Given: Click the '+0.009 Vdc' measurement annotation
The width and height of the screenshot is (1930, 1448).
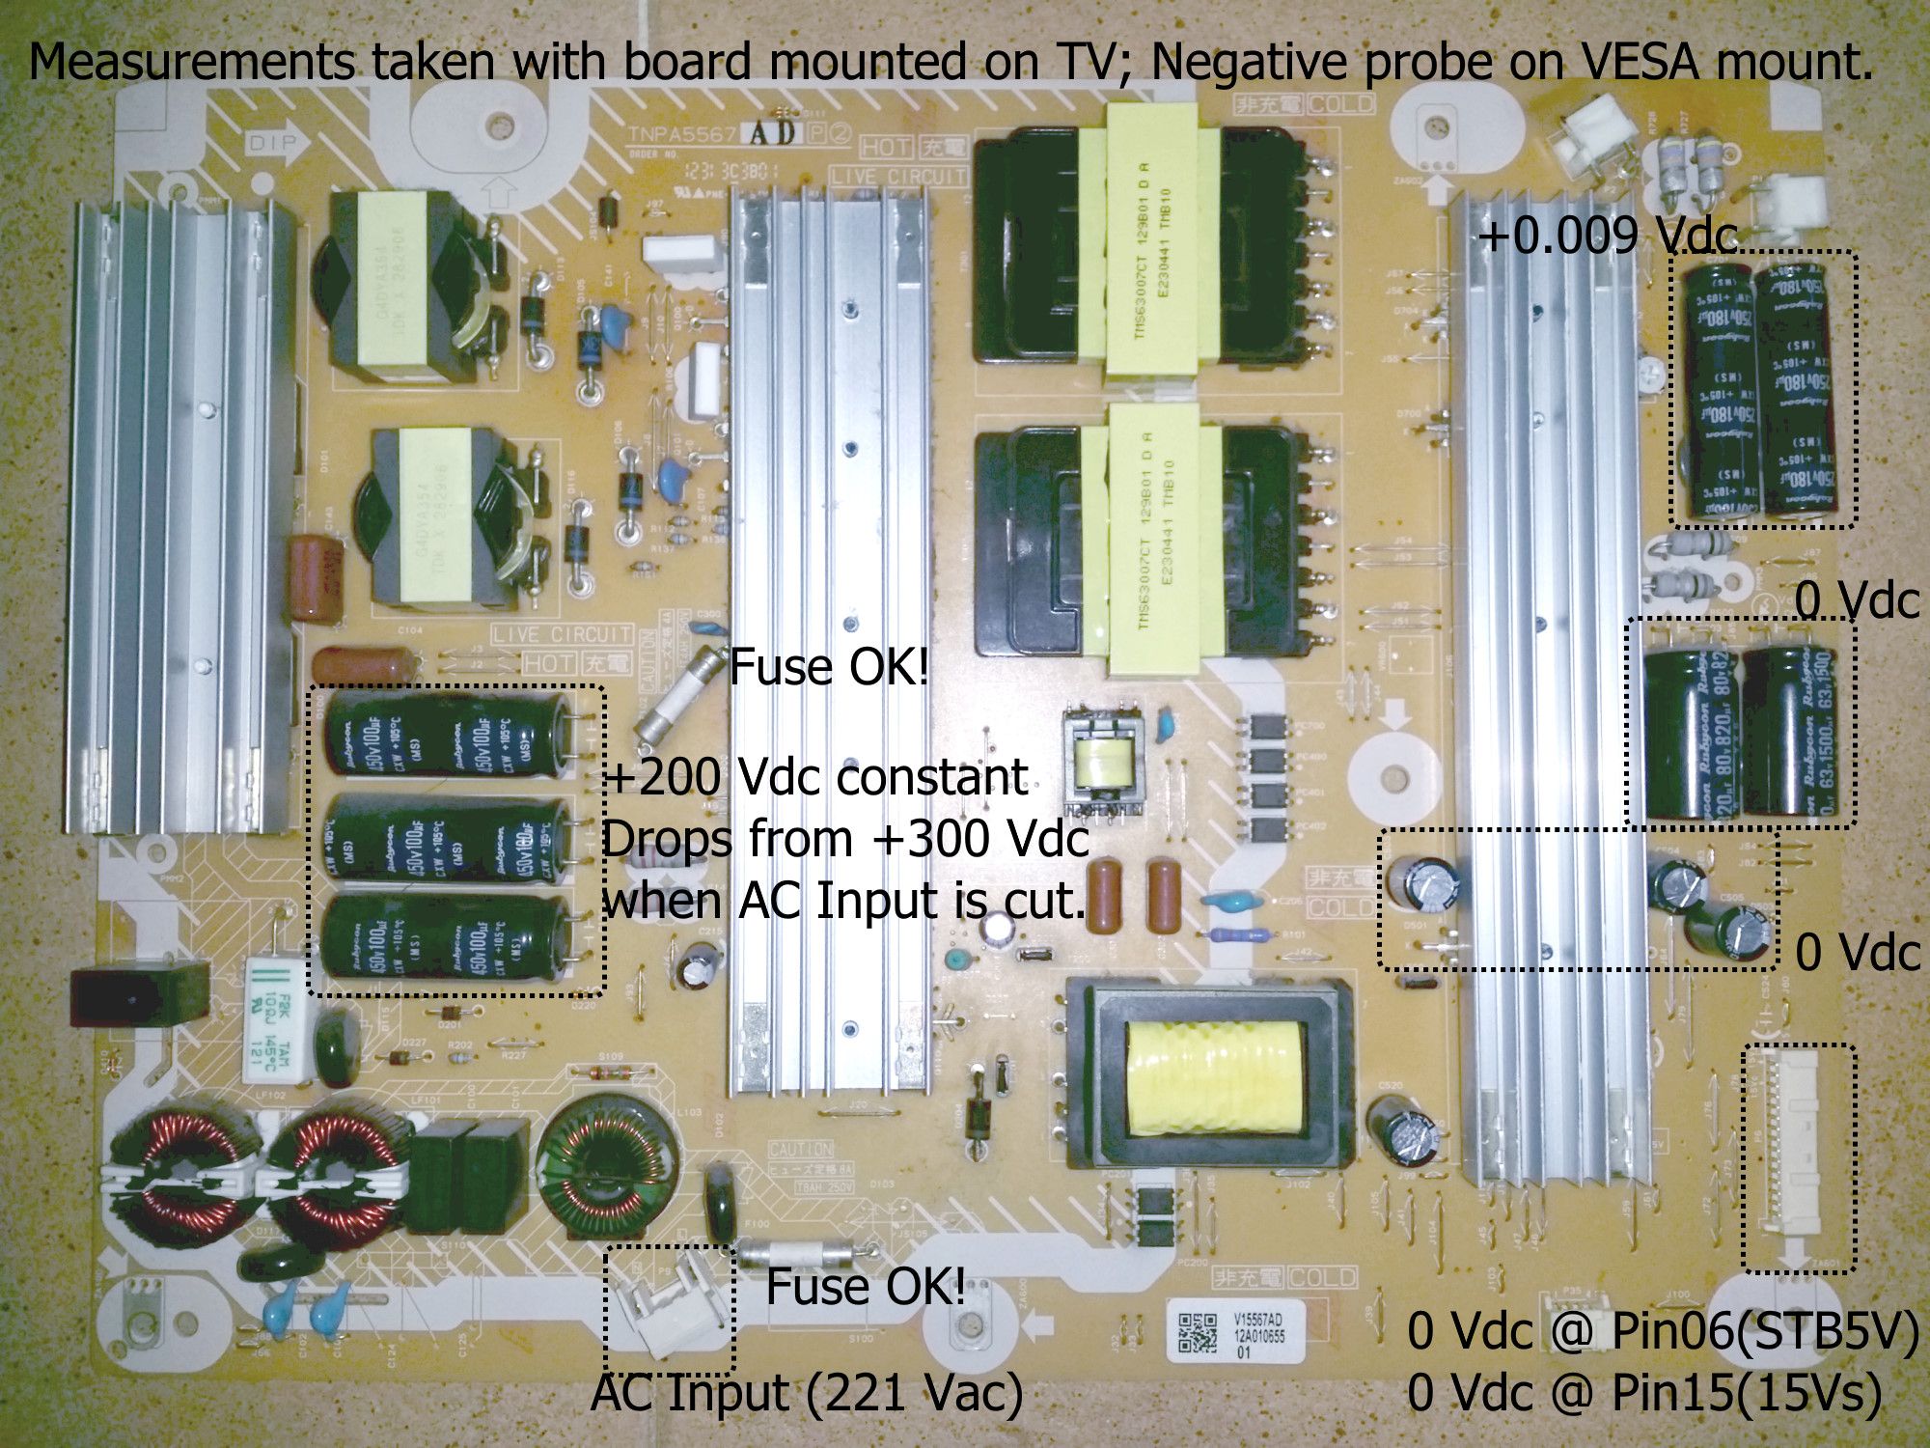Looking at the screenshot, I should tap(1607, 235).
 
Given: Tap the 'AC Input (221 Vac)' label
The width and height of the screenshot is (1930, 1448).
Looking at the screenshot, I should tap(807, 1392).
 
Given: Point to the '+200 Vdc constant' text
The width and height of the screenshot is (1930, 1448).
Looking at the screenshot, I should tap(815, 777).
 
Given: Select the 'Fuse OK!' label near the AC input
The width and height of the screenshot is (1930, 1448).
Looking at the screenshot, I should tap(866, 1286).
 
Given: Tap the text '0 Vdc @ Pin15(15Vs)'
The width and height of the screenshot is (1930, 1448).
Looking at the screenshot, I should tap(1644, 1392).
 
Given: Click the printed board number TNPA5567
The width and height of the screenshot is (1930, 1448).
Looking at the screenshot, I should tap(682, 134).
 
